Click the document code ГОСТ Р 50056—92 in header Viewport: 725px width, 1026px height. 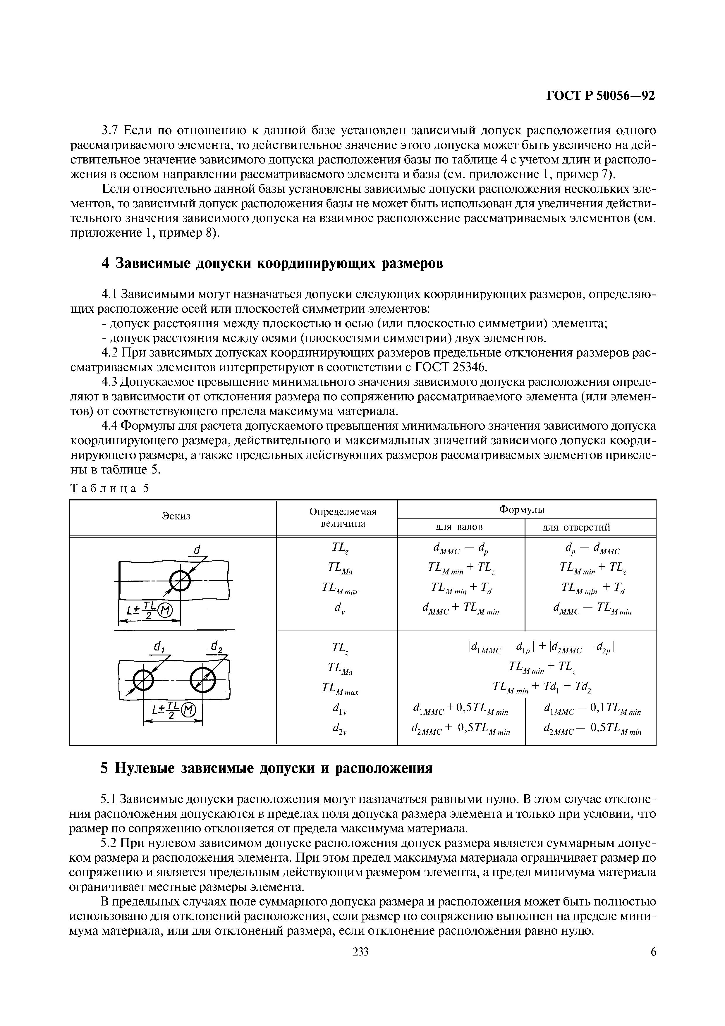tap(601, 96)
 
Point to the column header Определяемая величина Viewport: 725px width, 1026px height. tap(343, 517)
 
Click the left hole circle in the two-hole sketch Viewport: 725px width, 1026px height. tap(144, 681)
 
